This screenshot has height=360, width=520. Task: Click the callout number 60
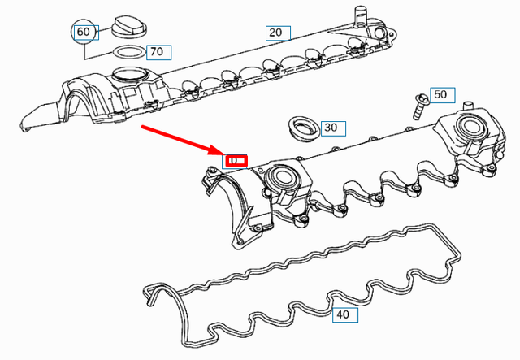coord(84,33)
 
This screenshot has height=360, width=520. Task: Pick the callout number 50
coord(440,95)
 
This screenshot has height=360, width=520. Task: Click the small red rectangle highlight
coord(236,160)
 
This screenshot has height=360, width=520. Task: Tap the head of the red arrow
coord(219,152)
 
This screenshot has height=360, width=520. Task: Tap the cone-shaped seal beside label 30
coord(303,128)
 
